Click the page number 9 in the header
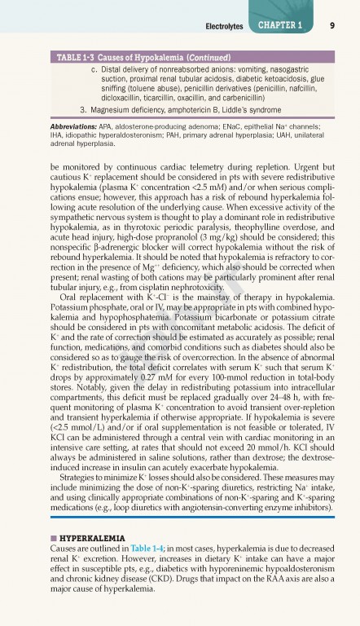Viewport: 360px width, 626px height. pos(334,26)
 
